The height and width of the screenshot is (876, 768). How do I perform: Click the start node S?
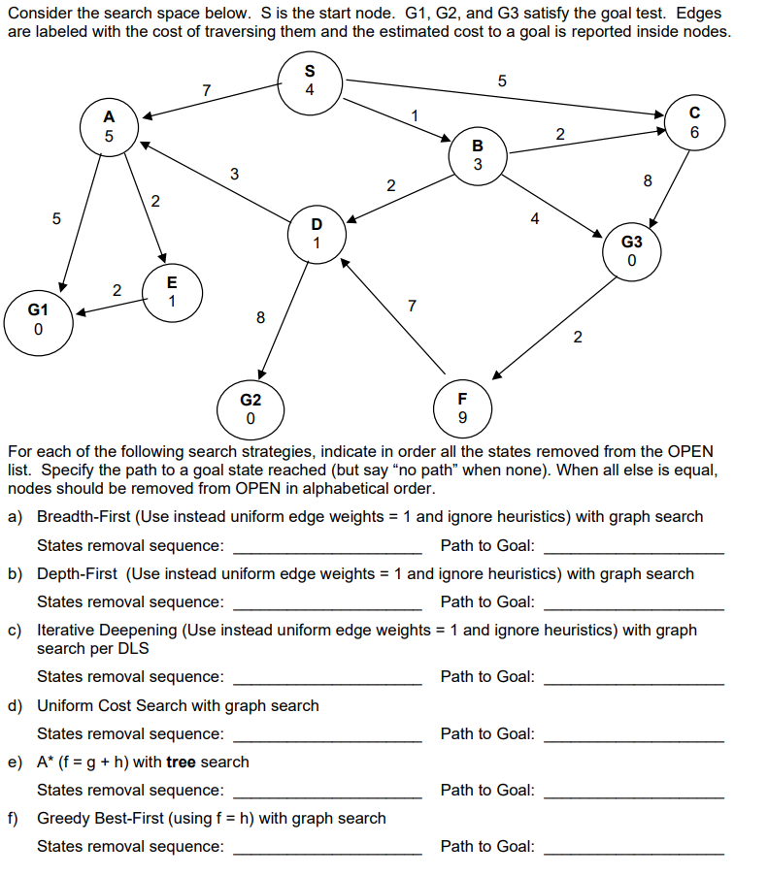309,81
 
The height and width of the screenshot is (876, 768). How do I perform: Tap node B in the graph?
477,154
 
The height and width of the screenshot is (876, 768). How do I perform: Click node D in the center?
317,233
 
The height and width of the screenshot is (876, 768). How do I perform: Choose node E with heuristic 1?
172,290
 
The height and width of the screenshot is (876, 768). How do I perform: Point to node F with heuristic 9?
461,408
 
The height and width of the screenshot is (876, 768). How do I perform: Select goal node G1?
37,319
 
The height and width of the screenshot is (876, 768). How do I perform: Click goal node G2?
250,408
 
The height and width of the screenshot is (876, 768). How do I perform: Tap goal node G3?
632,250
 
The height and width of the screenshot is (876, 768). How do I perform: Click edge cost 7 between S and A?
206,90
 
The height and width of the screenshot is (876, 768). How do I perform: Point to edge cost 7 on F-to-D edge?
412,307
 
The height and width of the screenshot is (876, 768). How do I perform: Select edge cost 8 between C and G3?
648,179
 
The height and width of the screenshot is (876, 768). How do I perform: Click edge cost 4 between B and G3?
534,219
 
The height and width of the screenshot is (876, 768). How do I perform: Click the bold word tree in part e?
182,762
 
